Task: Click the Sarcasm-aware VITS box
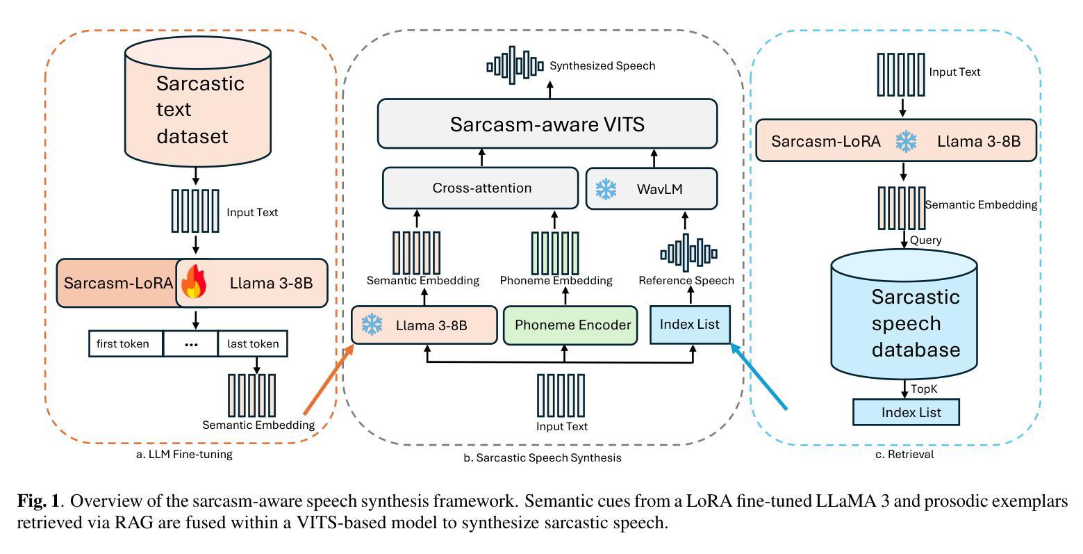coord(547,124)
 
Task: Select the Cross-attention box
coord(481,188)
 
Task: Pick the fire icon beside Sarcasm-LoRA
coord(195,284)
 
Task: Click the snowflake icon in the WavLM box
coord(606,189)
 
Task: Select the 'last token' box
coord(252,344)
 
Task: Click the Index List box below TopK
coord(906,412)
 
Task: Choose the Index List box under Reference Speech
coord(690,325)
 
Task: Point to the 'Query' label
coord(925,241)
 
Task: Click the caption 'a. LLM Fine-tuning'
coord(184,455)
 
